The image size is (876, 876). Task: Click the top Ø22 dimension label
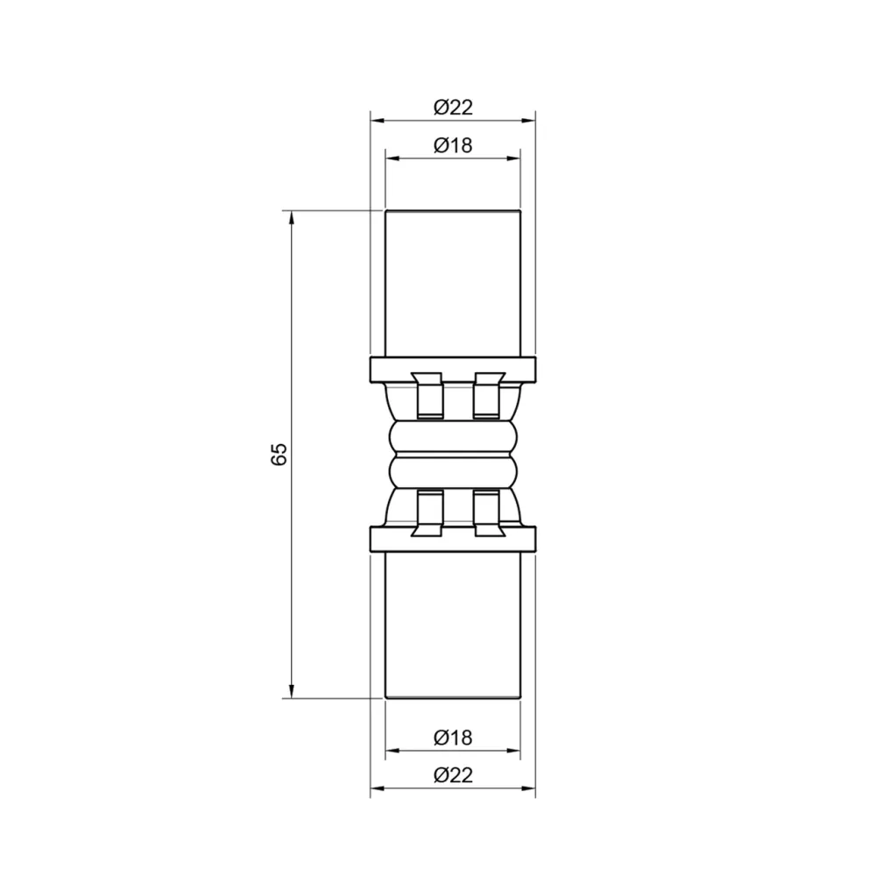(x=453, y=108)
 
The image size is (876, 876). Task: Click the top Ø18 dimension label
(x=453, y=145)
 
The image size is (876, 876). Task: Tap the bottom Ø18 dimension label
(x=453, y=738)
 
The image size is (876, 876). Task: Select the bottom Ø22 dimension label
(x=453, y=775)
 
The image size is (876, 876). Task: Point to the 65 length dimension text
(x=279, y=455)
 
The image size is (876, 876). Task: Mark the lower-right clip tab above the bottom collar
(x=487, y=512)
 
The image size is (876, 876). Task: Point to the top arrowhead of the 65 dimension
(x=292, y=217)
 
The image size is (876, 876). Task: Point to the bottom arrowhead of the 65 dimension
(x=292, y=692)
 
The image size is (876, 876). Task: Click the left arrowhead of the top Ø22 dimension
(x=376, y=121)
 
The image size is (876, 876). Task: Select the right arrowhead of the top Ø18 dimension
(x=514, y=159)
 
